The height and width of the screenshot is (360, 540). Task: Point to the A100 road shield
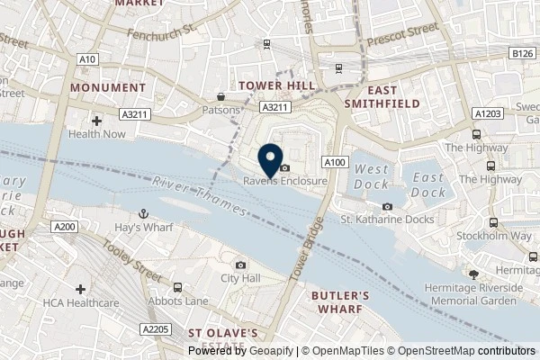[335, 162]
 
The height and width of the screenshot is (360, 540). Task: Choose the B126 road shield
[524, 54]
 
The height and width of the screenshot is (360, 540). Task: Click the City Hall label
[240, 278]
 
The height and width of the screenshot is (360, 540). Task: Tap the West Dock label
[372, 176]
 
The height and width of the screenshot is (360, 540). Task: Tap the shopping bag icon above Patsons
[221, 97]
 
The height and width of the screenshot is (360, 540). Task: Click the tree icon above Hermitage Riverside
[474, 273]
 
